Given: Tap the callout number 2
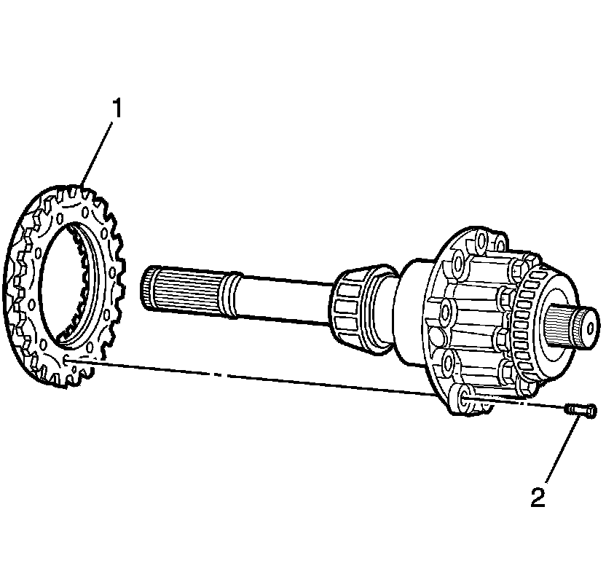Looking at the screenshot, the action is tap(537, 498).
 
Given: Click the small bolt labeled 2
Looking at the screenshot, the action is tap(581, 412).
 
